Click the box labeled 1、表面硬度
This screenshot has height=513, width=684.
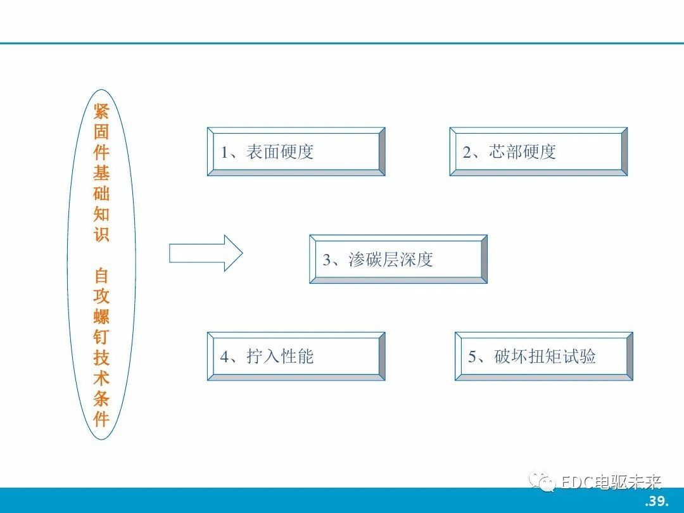(x=296, y=152)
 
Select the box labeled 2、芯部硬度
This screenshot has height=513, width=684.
(x=538, y=152)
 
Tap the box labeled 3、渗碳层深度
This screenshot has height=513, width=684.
(x=398, y=259)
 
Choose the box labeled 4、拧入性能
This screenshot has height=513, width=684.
(x=296, y=357)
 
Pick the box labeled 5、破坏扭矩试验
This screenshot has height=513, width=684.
(x=543, y=357)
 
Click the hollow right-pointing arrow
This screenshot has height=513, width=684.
(x=205, y=253)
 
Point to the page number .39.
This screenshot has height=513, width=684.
(x=657, y=500)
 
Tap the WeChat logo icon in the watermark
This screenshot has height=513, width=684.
(x=541, y=481)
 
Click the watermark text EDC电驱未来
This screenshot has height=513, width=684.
(x=611, y=483)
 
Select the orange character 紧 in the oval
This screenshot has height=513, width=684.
(x=101, y=111)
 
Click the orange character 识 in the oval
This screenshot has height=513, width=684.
(x=101, y=234)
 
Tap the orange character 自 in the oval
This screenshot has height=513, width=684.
(x=101, y=275)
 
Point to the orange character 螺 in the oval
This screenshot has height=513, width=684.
(x=101, y=317)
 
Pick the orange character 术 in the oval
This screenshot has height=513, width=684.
(x=101, y=378)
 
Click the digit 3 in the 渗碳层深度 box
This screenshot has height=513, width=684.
(x=327, y=260)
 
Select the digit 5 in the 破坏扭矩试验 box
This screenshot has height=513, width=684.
(x=472, y=357)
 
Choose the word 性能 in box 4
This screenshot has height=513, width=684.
(x=297, y=357)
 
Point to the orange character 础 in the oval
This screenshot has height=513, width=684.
(x=101, y=193)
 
